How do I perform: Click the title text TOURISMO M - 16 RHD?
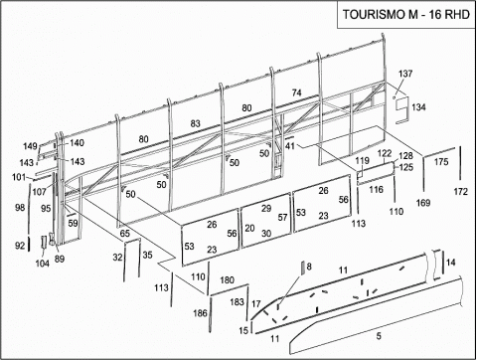406,15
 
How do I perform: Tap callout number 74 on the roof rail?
296,92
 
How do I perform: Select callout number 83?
196,123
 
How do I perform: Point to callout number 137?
405,74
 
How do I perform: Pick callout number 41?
290,145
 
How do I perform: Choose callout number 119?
362,161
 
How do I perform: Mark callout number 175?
441,162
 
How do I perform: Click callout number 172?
461,192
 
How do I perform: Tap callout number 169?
423,203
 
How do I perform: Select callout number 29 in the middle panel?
266,209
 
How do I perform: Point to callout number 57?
282,218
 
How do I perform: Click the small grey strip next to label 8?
302,268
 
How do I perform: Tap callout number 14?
450,263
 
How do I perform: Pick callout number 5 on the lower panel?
379,336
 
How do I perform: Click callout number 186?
200,313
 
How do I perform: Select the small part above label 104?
44,242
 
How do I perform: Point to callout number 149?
30,146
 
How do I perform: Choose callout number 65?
124,234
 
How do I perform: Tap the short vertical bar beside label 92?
29,244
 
